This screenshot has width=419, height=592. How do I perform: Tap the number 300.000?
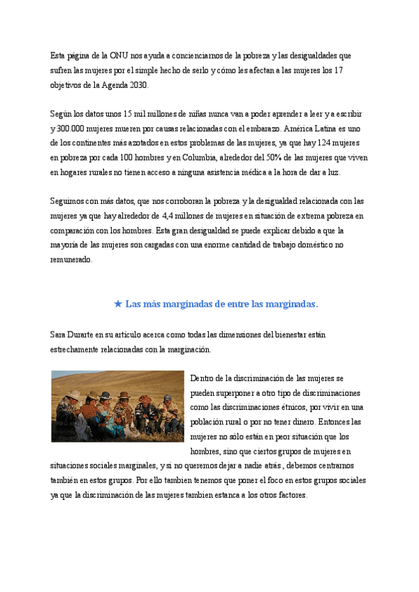click(72, 129)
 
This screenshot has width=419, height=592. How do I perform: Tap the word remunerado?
click(71, 260)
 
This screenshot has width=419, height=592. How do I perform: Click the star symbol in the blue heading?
click(118, 304)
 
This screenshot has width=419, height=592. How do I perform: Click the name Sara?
click(59, 335)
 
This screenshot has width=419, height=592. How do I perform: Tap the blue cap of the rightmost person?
click(168, 397)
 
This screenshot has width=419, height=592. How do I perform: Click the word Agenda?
click(108, 85)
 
